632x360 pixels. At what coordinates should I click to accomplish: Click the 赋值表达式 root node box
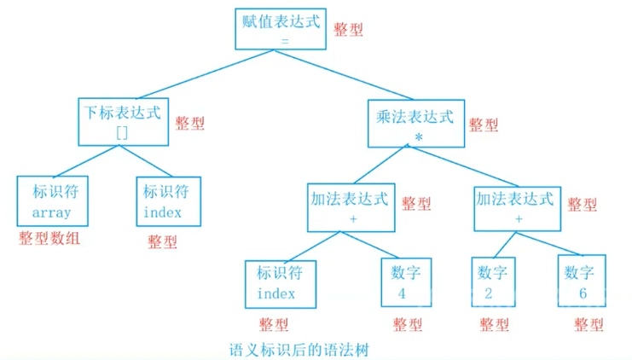(x=281, y=29)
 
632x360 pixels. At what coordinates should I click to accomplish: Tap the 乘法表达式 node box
(x=415, y=123)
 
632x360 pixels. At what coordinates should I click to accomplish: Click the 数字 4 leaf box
(x=401, y=283)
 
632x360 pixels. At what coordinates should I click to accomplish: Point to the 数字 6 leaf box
(x=581, y=283)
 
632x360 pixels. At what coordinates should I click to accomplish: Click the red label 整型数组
(x=49, y=239)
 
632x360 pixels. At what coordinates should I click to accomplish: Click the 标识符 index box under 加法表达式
(x=280, y=283)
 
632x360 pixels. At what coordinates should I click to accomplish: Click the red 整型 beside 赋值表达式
(x=348, y=29)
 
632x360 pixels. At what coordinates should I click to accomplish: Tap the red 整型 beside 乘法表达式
(x=484, y=125)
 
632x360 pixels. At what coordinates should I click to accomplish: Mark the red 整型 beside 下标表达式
(x=189, y=123)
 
